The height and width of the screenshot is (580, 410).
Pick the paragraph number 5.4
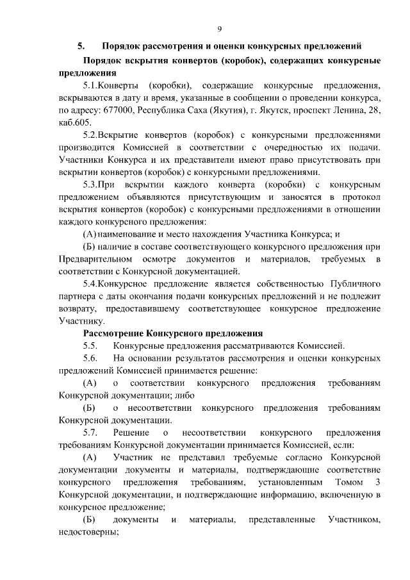coord(94,283)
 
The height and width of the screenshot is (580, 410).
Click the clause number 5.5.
coord(93,345)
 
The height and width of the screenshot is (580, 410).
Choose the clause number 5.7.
coord(93,433)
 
